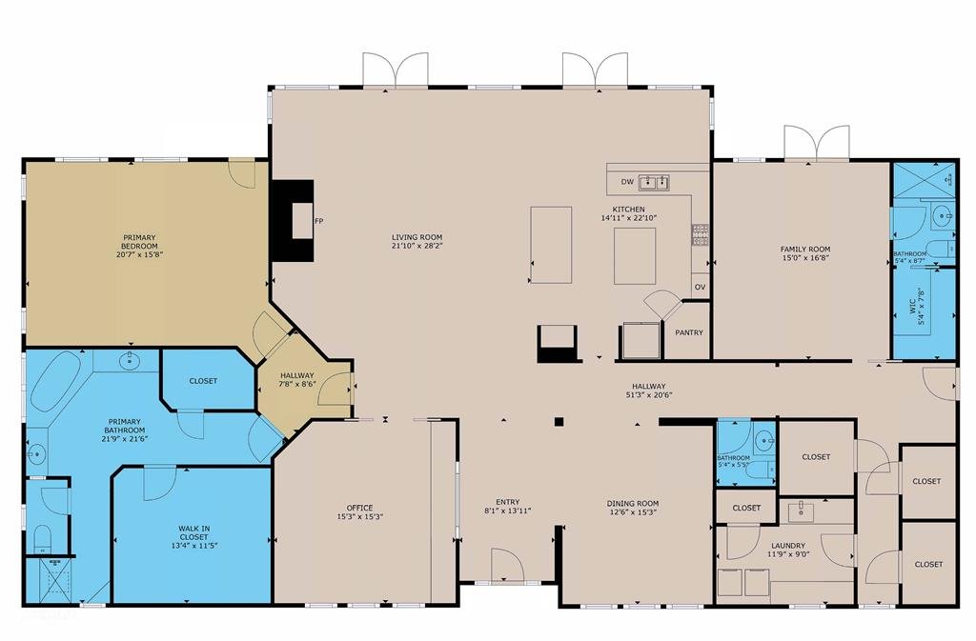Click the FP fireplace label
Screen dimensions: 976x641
(318, 221)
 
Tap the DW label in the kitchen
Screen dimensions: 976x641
(627, 182)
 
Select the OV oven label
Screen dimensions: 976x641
(700, 287)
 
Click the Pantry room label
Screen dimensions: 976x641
(689, 332)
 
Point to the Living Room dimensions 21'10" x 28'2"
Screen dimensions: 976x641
(417, 246)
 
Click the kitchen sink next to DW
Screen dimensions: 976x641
(654, 182)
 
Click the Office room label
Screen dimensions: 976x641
(359, 508)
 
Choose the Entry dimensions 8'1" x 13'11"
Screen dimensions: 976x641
(507, 511)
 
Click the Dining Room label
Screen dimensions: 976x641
(633, 504)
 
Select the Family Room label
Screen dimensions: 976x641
(805, 250)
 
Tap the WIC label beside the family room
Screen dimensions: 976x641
(913, 306)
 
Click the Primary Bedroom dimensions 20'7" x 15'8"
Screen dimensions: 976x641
(139, 254)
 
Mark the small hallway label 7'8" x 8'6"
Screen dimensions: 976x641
(297, 384)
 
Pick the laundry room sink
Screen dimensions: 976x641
(801, 511)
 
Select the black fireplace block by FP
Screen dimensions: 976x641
(292, 221)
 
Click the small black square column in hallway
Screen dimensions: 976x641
(559, 422)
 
